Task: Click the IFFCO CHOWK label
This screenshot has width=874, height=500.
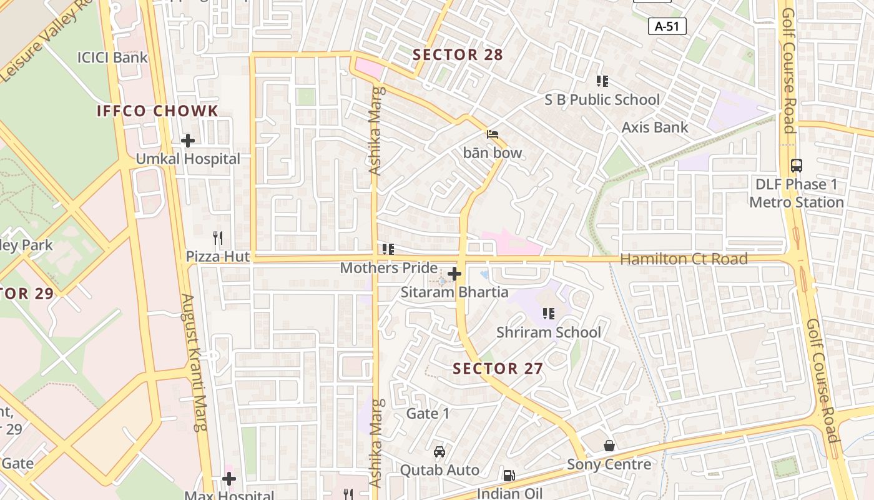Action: coord(157,111)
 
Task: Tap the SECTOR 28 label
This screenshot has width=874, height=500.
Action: coord(458,55)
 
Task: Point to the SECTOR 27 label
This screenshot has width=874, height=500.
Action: coord(498,369)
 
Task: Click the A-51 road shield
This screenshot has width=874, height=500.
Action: coord(667,26)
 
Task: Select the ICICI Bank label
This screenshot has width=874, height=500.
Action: coord(112,57)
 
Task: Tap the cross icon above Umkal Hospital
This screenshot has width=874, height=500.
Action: coord(187,141)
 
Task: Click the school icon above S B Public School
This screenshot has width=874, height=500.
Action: coord(602,81)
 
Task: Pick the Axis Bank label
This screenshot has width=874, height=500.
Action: coord(655,127)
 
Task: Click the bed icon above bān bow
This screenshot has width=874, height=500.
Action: coord(493,134)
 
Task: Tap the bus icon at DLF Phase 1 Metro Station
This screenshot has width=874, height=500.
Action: coord(797,166)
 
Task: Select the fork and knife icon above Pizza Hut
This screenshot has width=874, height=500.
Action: coord(217,238)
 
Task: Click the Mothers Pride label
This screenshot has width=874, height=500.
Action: coord(388,268)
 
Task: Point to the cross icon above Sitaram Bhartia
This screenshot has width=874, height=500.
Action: coord(454,274)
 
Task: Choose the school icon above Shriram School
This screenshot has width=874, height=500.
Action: coord(549,314)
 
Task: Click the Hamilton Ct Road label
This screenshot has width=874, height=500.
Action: coord(684,259)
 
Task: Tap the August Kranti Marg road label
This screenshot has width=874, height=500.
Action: coord(192,362)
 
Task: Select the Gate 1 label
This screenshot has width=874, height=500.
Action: coord(428,414)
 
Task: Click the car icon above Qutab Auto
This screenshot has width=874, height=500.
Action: coord(439,452)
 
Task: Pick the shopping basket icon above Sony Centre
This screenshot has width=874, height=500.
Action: coord(609,446)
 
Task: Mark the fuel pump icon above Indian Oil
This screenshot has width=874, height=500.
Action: coord(509,476)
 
